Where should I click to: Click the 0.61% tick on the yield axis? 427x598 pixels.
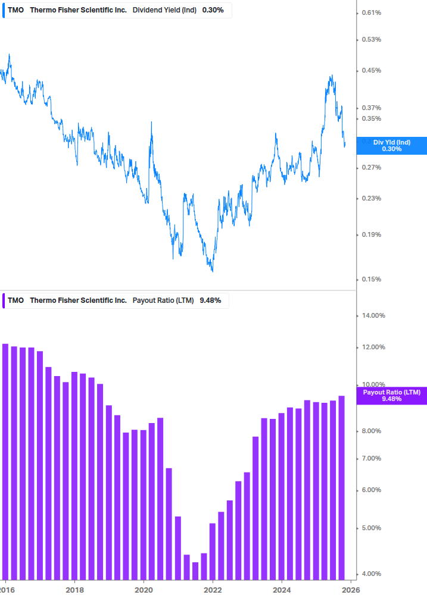(x=371, y=12)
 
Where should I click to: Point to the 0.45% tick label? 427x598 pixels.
(x=371, y=70)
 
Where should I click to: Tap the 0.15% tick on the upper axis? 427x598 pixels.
(x=371, y=279)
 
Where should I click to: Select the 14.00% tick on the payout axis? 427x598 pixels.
(x=374, y=315)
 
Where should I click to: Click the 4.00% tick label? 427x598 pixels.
(x=372, y=574)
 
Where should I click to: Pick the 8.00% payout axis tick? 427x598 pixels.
(x=372, y=431)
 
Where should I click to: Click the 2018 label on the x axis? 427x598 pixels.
(x=74, y=590)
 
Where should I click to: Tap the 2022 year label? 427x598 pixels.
(x=213, y=590)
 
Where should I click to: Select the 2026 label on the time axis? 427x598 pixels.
(x=351, y=590)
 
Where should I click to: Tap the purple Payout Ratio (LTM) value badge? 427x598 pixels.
(x=391, y=396)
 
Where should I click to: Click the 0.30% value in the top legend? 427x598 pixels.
(x=213, y=10)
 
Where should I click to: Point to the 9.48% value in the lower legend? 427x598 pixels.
(x=210, y=300)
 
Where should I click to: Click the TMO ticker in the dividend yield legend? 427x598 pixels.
(x=16, y=10)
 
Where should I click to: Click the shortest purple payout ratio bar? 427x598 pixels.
(x=195, y=570)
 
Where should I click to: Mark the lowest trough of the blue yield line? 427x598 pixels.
(x=212, y=271)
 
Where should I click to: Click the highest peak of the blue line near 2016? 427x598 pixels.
(x=9, y=55)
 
